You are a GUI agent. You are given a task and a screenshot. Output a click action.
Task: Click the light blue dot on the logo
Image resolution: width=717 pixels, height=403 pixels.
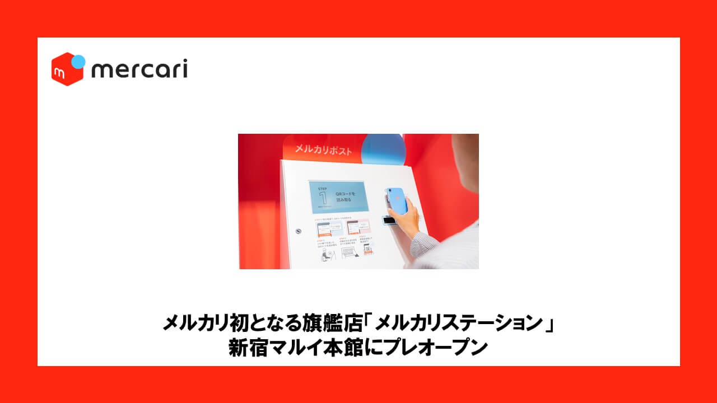(x=79, y=60)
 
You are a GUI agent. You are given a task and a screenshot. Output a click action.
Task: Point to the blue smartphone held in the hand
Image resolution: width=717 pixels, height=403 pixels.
(x=397, y=199)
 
